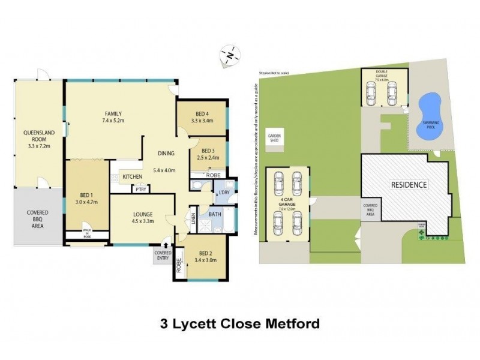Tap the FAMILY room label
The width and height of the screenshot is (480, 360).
click(x=113, y=113)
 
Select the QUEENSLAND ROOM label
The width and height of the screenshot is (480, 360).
click(x=36, y=133)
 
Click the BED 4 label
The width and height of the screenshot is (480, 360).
click(x=202, y=113)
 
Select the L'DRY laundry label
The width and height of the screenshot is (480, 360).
click(x=224, y=192)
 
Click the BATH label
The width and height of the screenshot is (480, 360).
click(x=214, y=214)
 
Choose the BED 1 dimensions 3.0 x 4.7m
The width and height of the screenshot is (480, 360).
click(x=86, y=202)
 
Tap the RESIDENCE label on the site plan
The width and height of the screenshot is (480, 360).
click(x=410, y=185)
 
